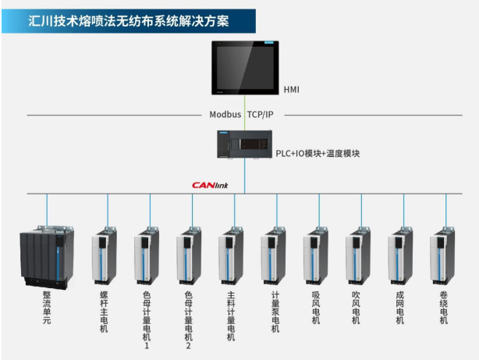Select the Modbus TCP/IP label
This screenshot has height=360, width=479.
tap(241, 114)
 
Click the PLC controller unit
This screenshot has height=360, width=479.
tap(243, 146)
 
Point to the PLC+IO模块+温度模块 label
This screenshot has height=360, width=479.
tap(318, 153)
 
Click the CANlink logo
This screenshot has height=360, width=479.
tap(210, 185)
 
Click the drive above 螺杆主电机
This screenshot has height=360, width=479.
tap(105, 255)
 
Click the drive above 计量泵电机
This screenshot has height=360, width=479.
tap(274, 255)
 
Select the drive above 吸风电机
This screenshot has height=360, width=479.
tap(316, 255)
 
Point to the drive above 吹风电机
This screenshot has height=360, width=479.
tap(358, 255)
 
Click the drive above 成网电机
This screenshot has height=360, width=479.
tap(400, 255)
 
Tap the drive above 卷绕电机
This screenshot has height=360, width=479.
tap(443, 255)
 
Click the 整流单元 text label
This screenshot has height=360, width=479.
tap(47, 308)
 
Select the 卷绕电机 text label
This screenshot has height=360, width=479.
tap(443, 308)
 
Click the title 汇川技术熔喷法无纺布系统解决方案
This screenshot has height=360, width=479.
tap(129, 20)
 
